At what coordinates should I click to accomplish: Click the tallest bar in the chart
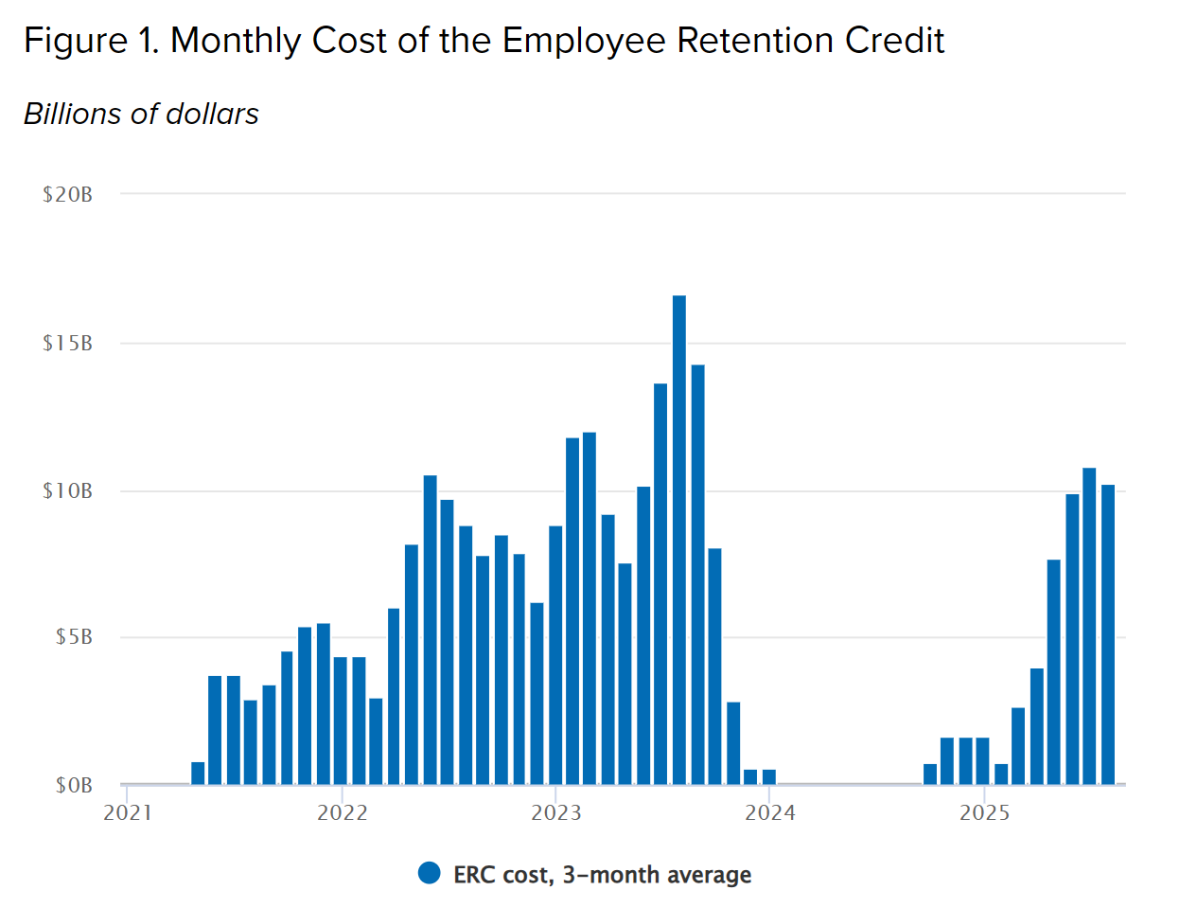[x=679, y=540]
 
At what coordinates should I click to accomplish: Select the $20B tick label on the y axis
[x=67, y=195]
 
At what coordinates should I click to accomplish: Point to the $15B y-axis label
[x=67, y=343]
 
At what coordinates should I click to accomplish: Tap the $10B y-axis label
[x=67, y=490]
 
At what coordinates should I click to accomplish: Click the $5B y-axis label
[x=73, y=636]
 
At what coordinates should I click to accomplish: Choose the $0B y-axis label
[x=73, y=785]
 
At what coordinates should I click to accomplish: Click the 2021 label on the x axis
[x=128, y=812]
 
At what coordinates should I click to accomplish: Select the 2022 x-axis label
[x=342, y=812]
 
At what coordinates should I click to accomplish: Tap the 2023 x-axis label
[x=555, y=812]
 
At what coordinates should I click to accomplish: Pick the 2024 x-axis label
[x=770, y=812]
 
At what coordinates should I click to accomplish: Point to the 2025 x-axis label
[x=984, y=812]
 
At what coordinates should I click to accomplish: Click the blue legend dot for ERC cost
[x=430, y=873]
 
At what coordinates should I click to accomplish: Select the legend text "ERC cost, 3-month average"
[x=602, y=875]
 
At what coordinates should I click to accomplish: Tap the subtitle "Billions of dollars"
[x=141, y=114]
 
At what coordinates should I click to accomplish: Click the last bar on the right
[x=1108, y=634]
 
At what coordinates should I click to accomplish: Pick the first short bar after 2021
[x=198, y=773]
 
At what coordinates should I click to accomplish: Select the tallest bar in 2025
[x=1089, y=626]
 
